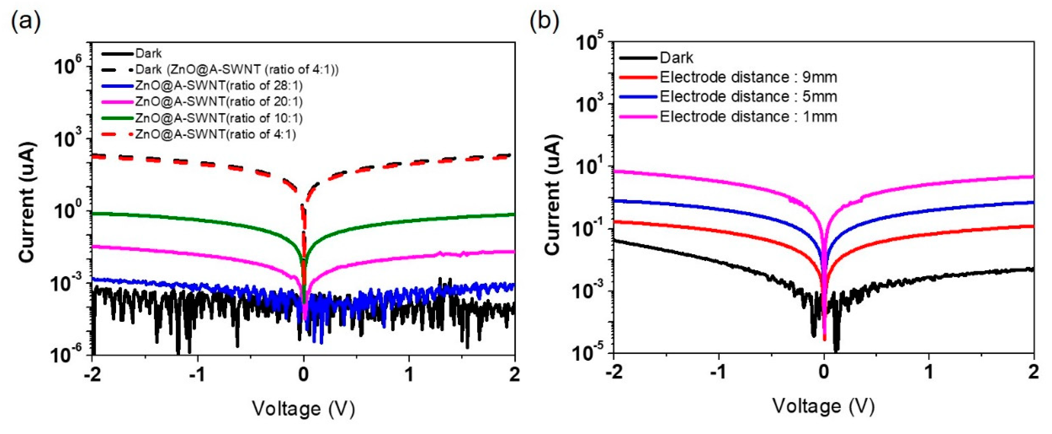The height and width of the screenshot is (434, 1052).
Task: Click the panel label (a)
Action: (26, 22)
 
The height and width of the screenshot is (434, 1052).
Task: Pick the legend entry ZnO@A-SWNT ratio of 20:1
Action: (219, 102)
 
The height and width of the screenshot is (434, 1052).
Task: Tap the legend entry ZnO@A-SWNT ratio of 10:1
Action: (219, 118)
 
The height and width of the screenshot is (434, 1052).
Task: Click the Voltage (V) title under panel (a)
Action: (303, 409)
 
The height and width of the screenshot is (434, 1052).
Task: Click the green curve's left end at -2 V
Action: (94, 213)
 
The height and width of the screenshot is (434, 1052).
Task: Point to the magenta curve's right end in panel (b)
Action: (1033, 177)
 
